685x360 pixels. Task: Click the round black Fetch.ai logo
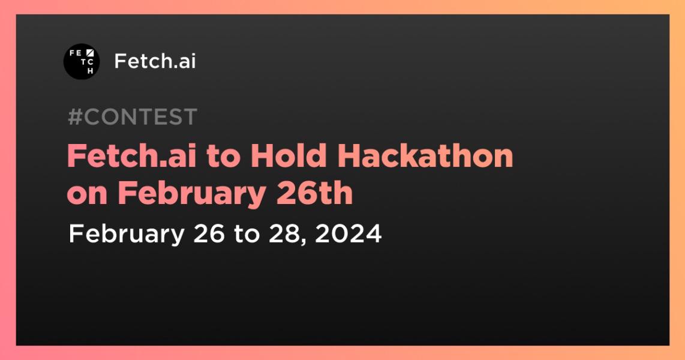[82, 62]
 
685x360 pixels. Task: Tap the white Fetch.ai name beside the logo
[155, 61]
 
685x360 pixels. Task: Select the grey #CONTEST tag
[132, 117]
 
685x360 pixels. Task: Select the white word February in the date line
[126, 233]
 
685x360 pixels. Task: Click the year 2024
[348, 233]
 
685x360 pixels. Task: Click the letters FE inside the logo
[75, 53]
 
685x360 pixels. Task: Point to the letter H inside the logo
[91, 70]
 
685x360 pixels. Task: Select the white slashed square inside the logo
[91, 53]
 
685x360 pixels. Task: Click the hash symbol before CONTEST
[75, 117]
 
